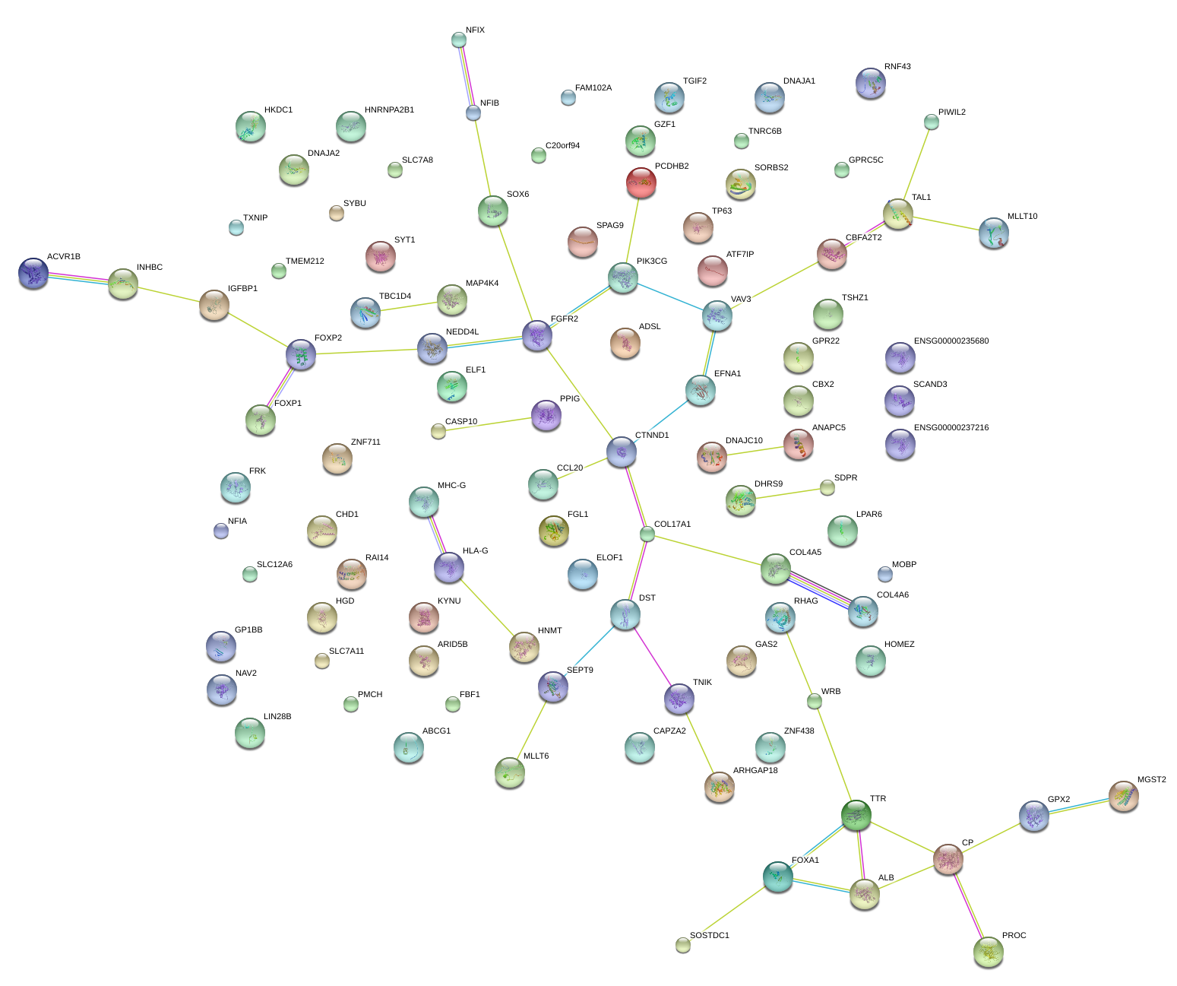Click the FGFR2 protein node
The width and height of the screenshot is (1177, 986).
click(x=536, y=335)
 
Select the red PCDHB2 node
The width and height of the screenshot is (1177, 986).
click(x=641, y=182)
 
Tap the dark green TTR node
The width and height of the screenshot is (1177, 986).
click(x=856, y=815)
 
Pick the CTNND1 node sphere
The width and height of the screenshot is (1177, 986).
click(x=622, y=452)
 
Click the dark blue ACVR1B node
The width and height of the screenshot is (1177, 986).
click(x=33, y=273)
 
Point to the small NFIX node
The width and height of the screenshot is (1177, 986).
click(x=458, y=40)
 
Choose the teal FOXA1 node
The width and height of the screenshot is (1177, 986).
click(x=778, y=877)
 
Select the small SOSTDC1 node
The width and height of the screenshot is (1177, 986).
click(x=682, y=945)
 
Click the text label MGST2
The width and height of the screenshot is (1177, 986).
click(x=1151, y=780)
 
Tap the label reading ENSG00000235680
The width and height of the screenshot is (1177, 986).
click(x=951, y=341)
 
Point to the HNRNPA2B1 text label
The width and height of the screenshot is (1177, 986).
click(x=389, y=110)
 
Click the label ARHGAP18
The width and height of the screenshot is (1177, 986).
click(x=755, y=771)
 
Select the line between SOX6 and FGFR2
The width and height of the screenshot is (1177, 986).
click(x=515, y=274)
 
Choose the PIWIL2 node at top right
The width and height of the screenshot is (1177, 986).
click(x=931, y=122)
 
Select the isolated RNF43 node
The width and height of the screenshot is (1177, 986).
click(x=870, y=84)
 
